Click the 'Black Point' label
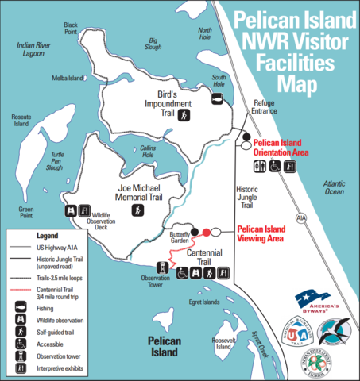(71, 28)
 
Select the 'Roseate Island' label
(21, 121)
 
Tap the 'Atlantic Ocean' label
(334, 187)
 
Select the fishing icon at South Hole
(216, 98)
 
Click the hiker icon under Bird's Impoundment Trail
(184, 116)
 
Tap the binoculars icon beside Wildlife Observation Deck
(71, 212)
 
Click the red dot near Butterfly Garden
(207, 232)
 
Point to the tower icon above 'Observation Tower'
(163, 268)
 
